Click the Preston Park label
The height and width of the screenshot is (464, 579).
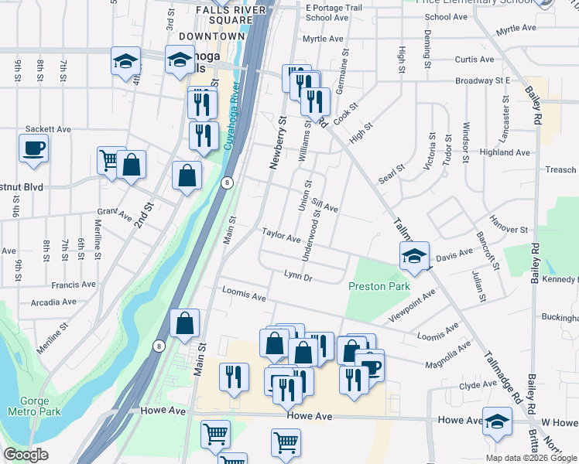[x=379, y=286]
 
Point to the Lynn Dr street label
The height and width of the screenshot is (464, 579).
[x=297, y=275]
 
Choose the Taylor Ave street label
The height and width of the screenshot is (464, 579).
[x=280, y=234]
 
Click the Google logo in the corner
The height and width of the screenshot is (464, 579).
[x=26, y=455]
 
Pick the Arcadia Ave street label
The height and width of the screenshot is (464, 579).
[x=53, y=302]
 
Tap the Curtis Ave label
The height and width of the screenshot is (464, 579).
[x=474, y=59]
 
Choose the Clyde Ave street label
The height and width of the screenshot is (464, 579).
[x=477, y=385]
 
